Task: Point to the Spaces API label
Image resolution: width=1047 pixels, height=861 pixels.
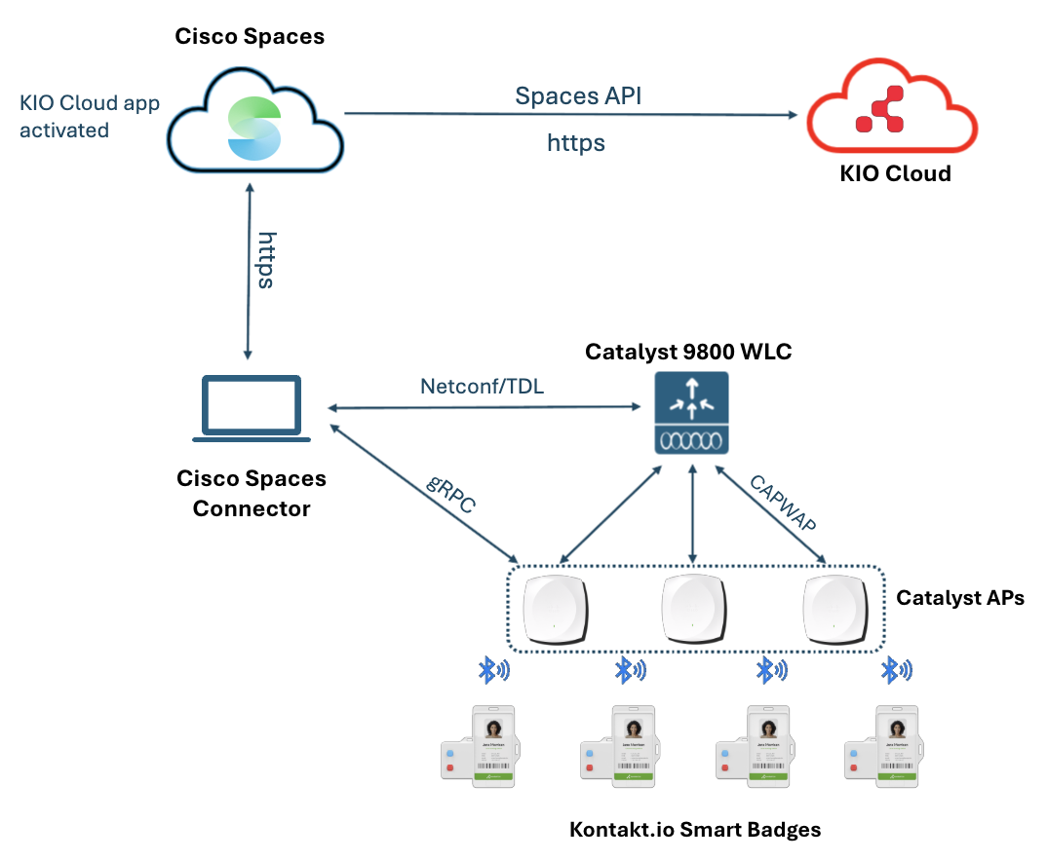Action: pos(578,95)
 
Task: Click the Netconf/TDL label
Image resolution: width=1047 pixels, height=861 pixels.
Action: pos(482,386)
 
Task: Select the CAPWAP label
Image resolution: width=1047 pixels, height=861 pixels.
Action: pos(781,503)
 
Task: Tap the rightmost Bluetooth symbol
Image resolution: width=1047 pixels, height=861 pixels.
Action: pos(895,670)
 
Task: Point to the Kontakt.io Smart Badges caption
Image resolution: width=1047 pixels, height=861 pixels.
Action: pos(695,830)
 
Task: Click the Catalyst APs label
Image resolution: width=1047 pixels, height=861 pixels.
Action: pos(960,597)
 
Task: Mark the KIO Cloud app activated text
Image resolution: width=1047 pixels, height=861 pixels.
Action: pos(89,116)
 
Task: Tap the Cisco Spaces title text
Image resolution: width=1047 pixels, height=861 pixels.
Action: pos(250,37)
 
